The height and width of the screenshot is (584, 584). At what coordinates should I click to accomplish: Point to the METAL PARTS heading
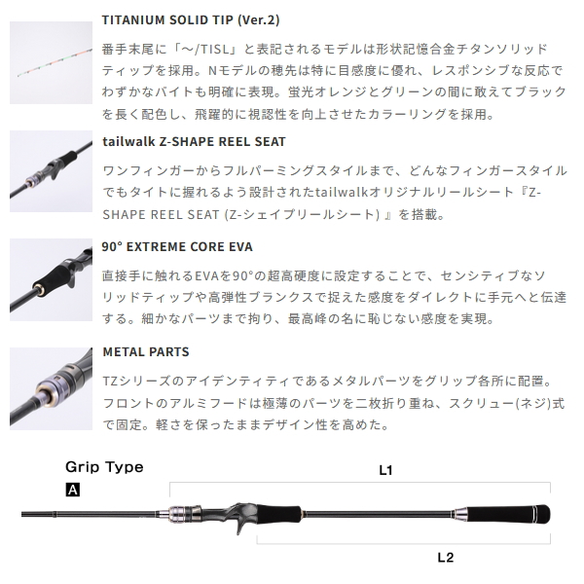click(x=145, y=350)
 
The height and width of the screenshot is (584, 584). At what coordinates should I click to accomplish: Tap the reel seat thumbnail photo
click(x=47, y=166)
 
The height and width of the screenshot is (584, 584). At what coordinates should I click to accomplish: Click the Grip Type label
click(x=104, y=467)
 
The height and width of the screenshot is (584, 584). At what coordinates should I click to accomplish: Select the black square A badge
click(x=72, y=491)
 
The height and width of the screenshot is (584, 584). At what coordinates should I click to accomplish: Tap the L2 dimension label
click(x=446, y=558)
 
